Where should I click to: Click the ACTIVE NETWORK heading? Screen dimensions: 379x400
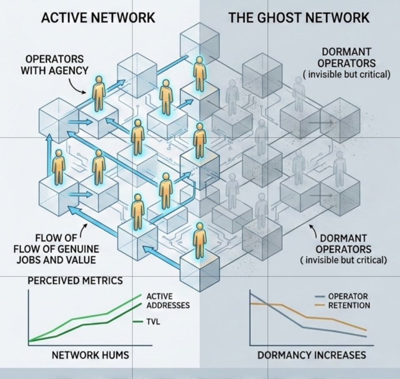pyautogui.click(x=98, y=18)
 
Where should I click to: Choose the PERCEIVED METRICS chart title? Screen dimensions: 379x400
pyautogui.click(x=75, y=281)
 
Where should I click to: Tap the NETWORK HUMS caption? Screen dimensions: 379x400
pyautogui.click(x=90, y=355)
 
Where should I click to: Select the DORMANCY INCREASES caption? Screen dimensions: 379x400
pyautogui.click(x=312, y=355)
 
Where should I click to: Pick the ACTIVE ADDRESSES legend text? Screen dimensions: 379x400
pyautogui.click(x=167, y=301)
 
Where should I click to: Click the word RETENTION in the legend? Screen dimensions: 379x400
pyautogui.click(x=349, y=305)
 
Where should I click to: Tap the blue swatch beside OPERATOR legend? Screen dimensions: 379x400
pyautogui.click(x=320, y=296)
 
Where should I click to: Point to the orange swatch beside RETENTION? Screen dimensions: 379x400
pyautogui.click(x=320, y=305)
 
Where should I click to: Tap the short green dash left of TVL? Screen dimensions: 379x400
pyautogui.click(x=138, y=321)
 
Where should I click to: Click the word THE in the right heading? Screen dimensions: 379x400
pyautogui.click(x=242, y=18)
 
